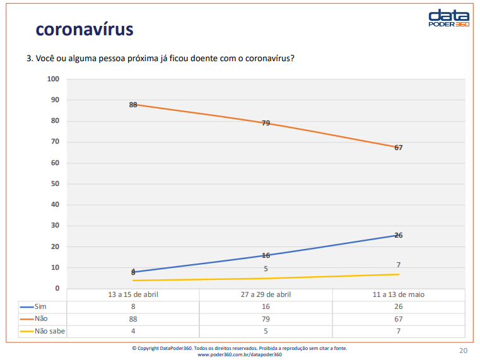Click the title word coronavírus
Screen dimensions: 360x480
pyautogui.click(x=84, y=29)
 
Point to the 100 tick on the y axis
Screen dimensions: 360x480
pyautogui.click(x=53, y=79)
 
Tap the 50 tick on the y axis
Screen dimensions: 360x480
pyautogui.click(x=55, y=183)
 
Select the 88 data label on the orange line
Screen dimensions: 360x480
pyautogui.click(x=133, y=105)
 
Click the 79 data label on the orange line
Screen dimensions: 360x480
pyautogui.click(x=266, y=123)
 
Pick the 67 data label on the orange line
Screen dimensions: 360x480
pyautogui.click(x=398, y=148)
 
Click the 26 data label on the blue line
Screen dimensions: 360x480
pyautogui.click(x=398, y=235)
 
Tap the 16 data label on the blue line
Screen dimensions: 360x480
pyautogui.click(x=266, y=255)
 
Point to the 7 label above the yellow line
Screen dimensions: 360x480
pyautogui.click(x=398, y=265)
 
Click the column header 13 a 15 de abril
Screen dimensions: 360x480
pyautogui.click(x=133, y=294)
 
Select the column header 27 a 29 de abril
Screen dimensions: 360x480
pyautogui.click(x=266, y=294)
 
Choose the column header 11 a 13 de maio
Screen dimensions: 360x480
pyautogui.click(x=398, y=294)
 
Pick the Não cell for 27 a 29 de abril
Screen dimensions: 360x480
pyautogui.click(x=266, y=318)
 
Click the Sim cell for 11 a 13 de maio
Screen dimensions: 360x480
pyautogui.click(x=398, y=306)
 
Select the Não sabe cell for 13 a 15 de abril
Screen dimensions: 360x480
pyautogui.click(x=133, y=330)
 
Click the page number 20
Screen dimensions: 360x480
pyautogui.click(x=463, y=351)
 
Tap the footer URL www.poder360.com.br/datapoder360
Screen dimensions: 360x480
pyautogui.click(x=240, y=354)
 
